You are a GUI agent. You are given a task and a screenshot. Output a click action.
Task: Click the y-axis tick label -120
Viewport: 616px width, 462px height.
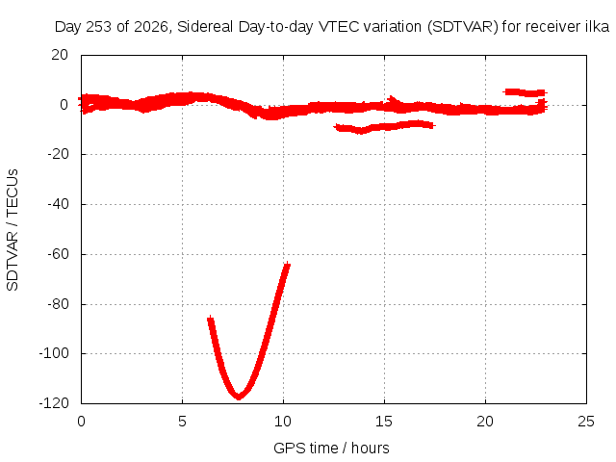[54, 403]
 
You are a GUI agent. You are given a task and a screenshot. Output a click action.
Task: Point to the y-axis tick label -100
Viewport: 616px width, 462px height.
[54, 353]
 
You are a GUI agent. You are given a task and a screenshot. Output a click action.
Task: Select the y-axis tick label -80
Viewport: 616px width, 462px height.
[58, 304]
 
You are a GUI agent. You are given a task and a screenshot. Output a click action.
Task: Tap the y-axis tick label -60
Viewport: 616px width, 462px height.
[58, 254]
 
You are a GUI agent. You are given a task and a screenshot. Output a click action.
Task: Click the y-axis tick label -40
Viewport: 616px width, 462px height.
[58, 204]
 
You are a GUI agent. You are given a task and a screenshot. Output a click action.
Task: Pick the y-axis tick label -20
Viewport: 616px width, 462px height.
[58, 154]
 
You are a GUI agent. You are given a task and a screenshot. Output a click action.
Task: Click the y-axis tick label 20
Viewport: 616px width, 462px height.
[60, 55]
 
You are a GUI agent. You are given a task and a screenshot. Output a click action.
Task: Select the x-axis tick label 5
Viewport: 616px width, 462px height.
[182, 422]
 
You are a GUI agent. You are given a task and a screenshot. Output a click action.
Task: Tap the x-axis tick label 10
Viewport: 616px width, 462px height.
[283, 422]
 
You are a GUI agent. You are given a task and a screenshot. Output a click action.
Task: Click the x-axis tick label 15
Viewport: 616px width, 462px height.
[384, 422]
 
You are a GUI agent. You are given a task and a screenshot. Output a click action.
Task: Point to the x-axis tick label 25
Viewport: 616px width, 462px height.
[586, 422]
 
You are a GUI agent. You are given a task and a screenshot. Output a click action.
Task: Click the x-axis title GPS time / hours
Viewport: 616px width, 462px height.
[331, 449]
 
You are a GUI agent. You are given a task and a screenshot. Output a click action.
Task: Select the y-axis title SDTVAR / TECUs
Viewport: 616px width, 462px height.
[13, 230]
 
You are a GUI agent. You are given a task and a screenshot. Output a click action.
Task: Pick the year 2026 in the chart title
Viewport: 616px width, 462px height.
[151, 27]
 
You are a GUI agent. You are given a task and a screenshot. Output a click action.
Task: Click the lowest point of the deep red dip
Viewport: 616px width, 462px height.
[239, 398]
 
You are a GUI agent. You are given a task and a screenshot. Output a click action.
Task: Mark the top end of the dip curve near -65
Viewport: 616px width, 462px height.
[288, 265]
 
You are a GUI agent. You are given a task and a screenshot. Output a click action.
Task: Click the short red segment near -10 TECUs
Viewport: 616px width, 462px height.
[384, 126]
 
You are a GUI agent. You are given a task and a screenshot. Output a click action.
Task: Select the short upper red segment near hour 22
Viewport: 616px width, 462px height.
[525, 92]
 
